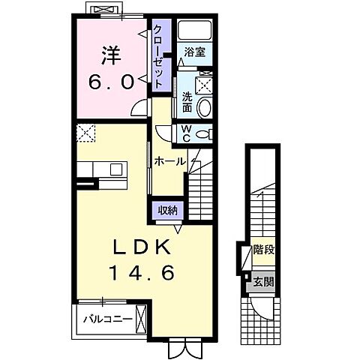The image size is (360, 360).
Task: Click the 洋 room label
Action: click(111, 55)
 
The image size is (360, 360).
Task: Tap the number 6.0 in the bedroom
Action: click(111, 82)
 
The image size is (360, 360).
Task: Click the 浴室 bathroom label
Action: click(195, 52)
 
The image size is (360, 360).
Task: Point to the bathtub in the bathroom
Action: click(194, 30)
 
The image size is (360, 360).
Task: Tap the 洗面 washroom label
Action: click(187, 103)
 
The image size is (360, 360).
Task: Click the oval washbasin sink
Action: click(204, 107)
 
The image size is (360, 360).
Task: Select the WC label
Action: click(187, 133)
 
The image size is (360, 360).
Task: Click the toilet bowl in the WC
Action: click(203, 134)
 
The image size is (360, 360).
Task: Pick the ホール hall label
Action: click(170, 161)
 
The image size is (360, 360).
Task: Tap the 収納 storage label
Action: click(167, 210)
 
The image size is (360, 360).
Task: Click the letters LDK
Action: click(142, 247)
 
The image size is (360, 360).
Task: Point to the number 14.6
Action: click(142, 273)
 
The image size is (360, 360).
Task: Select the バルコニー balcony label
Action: click(108, 319)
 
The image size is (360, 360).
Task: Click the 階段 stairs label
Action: click(264, 250)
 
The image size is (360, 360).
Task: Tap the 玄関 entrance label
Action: click(264, 282)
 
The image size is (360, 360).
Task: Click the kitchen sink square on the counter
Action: click(116, 169)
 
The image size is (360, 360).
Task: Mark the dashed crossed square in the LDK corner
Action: click(86, 133)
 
